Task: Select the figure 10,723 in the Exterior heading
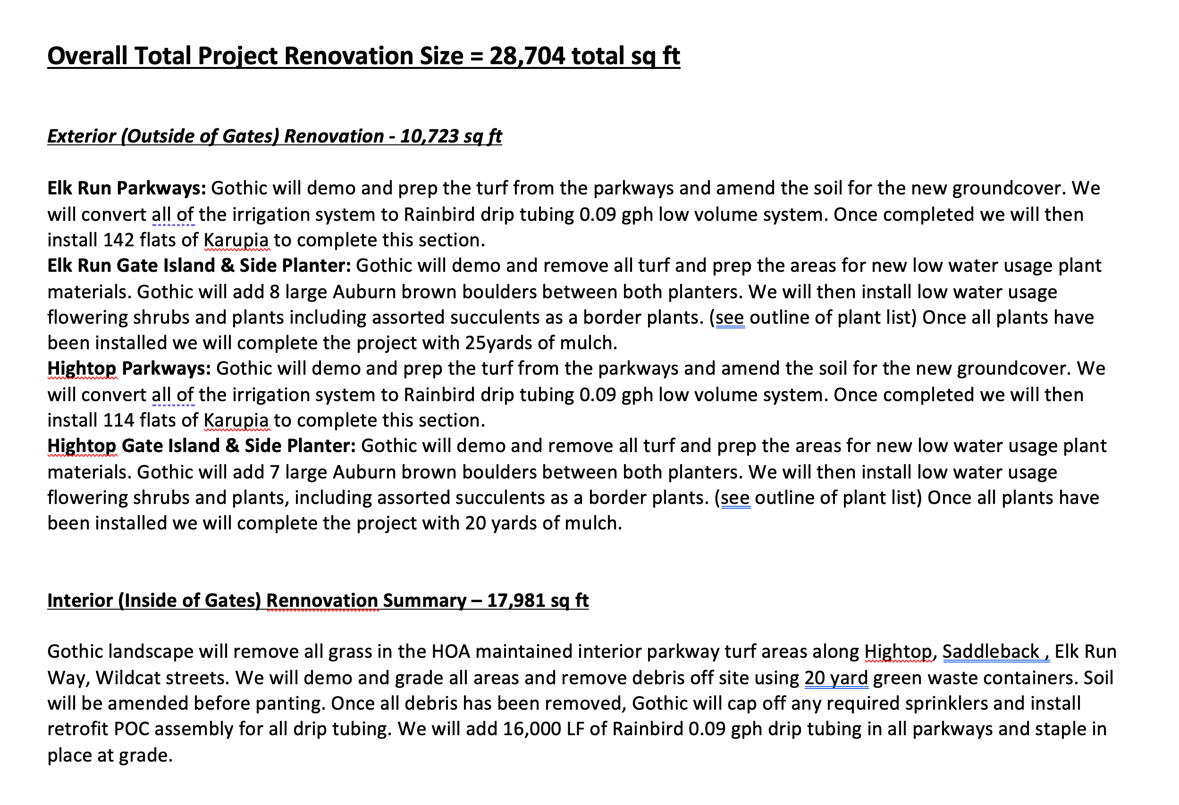(x=429, y=136)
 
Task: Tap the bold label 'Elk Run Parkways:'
(x=127, y=188)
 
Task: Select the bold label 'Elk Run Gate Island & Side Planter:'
(x=199, y=266)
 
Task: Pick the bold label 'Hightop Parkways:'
(x=129, y=369)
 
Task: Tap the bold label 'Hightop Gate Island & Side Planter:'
(x=202, y=446)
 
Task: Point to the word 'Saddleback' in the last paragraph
(x=990, y=652)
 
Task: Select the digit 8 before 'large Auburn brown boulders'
(x=275, y=292)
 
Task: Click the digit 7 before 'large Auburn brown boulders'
(x=275, y=472)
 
